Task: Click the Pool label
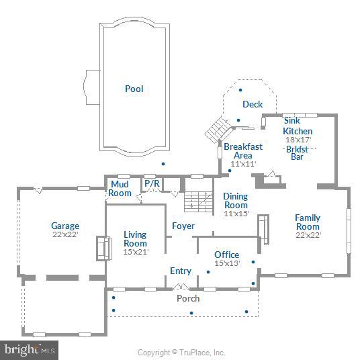pyautogui.click(x=134, y=89)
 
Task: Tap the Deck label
pyautogui.click(x=253, y=104)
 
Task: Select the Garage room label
pyautogui.click(x=65, y=226)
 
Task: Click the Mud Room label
pyautogui.click(x=120, y=189)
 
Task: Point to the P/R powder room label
pyautogui.click(x=151, y=183)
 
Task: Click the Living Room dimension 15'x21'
pyautogui.click(x=135, y=252)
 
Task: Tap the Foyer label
pyautogui.click(x=183, y=226)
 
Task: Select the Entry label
pyautogui.click(x=181, y=271)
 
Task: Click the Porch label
pyautogui.click(x=188, y=298)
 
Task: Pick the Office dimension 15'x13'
pyautogui.click(x=227, y=263)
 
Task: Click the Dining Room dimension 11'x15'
pyautogui.click(x=236, y=214)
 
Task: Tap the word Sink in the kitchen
pyautogui.click(x=292, y=120)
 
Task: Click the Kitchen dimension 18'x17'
pyautogui.click(x=298, y=140)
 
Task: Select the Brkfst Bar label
pyautogui.click(x=297, y=152)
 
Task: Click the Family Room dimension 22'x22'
pyautogui.click(x=308, y=234)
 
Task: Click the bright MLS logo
pyautogui.click(x=29, y=350)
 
